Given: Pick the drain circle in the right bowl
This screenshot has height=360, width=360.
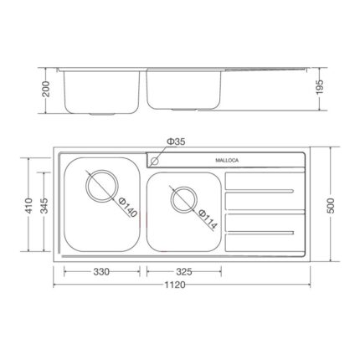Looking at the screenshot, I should point(182,198).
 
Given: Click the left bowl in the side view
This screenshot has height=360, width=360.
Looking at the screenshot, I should point(100,90).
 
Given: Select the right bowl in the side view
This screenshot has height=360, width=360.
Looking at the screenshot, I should point(184,90).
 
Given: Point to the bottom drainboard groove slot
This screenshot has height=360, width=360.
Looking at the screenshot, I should point(262,229).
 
